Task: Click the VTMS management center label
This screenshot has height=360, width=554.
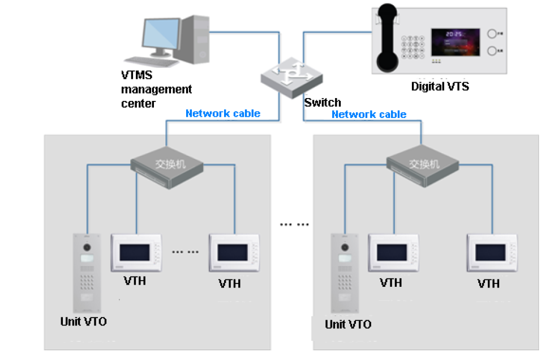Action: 156,89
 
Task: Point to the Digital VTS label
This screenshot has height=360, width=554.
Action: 440,87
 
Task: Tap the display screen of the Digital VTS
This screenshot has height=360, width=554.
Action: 456,43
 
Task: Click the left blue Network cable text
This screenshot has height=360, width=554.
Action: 223,113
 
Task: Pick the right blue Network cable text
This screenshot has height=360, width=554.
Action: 369,114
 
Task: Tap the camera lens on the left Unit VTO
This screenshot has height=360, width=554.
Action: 87,248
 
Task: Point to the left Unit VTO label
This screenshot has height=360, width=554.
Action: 83,321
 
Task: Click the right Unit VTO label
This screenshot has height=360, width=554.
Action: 348,324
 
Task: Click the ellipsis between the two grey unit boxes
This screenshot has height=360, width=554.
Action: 294,224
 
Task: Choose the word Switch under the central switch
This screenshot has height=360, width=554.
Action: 323,103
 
